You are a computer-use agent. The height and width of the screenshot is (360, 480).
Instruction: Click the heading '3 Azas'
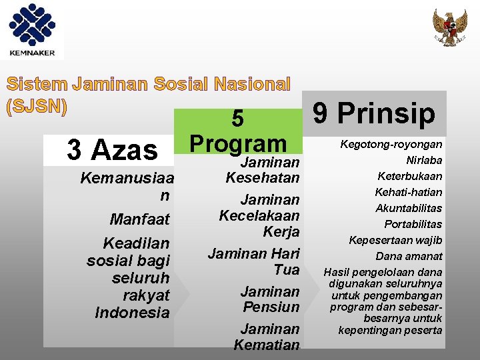(112, 150)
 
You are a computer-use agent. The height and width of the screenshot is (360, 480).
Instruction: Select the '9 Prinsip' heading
(374, 113)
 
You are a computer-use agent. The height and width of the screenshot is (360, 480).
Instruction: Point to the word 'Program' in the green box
(238, 143)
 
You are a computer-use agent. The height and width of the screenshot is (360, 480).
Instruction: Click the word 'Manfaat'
(140, 219)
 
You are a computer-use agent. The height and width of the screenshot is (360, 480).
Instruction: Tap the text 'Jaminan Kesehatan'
(263, 170)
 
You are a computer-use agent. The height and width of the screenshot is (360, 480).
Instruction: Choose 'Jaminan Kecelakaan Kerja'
(259, 215)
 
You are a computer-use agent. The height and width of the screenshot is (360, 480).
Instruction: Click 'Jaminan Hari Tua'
(254, 261)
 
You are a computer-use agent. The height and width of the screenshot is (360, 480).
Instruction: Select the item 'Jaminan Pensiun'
(270, 299)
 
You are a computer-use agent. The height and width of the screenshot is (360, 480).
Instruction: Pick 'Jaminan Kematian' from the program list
(267, 337)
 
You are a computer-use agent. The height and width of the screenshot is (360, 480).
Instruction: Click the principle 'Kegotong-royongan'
(391, 145)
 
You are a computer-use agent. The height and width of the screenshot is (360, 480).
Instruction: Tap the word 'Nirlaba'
(424, 161)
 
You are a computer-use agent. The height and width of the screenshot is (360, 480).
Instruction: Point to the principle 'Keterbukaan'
(410, 177)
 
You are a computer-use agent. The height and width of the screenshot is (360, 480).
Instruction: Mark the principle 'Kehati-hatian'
(409, 193)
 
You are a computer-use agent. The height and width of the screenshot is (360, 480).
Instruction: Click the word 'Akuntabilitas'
(409, 208)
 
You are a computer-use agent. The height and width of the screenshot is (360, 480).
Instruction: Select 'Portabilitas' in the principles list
(413, 224)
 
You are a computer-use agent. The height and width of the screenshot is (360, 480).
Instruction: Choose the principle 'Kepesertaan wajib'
(395, 240)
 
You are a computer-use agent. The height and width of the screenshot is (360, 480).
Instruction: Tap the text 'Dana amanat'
(409, 256)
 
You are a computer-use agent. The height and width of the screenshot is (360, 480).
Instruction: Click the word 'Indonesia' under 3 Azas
(132, 312)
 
